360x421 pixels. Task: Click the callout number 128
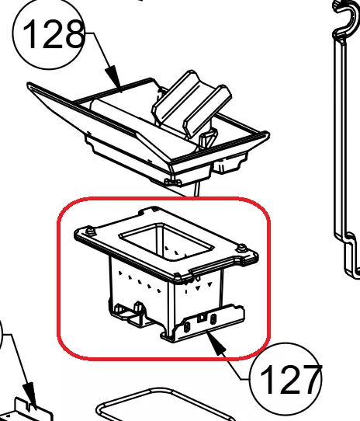pyautogui.click(x=53, y=34)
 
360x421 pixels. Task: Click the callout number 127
pyautogui.click(x=290, y=379)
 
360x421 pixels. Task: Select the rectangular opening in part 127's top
pyautogui.click(x=166, y=241)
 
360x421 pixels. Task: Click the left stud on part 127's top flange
pyautogui.click(x=89, y=231)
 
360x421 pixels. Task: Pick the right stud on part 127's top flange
pyautogui.click(x=241, y=248)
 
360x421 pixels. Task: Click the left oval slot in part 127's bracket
pyautogui.click(x=187, y=327)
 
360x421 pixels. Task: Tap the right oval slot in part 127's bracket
pyautogui.click(x=213, y=319)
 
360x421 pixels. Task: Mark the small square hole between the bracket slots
pyautogui.click(x=202, y=318)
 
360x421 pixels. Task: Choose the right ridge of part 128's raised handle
pyautogui.click(x=207, y=112)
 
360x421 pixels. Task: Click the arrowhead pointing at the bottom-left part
pyautogui.click(x=30, y=395)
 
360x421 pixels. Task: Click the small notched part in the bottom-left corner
pyautogui.click(x=31, y=411)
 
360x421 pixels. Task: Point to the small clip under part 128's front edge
pyautogui.click(x=170, y=182)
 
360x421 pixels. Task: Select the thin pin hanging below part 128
pyautogui.click(x=197, y=190)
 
